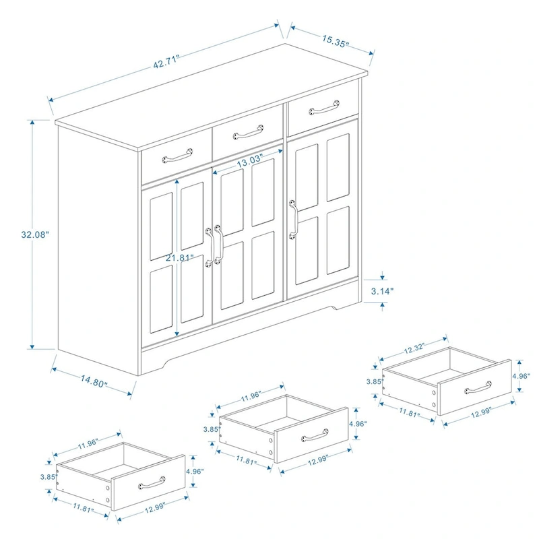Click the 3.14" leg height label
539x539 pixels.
pos(383,292)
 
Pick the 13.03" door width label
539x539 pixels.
pos(249,162)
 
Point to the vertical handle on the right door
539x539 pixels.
pos(293,219)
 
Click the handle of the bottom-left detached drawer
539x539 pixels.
pos(152,481)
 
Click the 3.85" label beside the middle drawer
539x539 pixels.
pos(212,429)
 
